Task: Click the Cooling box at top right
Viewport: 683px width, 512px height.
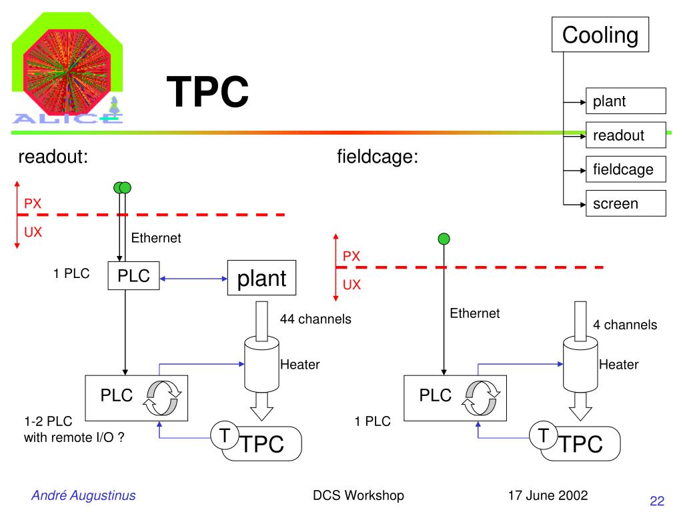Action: point(600,35)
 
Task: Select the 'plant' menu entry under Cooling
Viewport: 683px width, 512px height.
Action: point(626,102)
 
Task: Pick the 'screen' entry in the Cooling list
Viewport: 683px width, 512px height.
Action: point(626,203)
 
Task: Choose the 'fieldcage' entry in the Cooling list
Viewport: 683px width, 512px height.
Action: point(626,169)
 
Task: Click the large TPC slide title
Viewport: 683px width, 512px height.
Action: point(207,91)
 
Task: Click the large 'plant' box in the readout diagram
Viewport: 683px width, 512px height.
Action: point(262,277)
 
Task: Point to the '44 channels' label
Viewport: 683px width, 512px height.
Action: point(315,319)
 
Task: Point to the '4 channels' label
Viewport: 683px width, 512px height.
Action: point(625,325)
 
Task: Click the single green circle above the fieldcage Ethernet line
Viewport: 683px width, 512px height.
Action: point(444,239)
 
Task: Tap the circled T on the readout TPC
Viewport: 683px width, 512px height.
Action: point(225,436)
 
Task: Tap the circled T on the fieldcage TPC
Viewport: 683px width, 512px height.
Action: point(544,436)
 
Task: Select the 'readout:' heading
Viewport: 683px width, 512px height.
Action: point(53,158)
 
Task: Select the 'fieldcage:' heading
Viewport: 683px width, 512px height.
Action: point(378,158)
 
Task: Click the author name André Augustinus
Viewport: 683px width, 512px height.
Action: point(83,495)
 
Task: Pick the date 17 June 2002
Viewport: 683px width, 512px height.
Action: point(548,495)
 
